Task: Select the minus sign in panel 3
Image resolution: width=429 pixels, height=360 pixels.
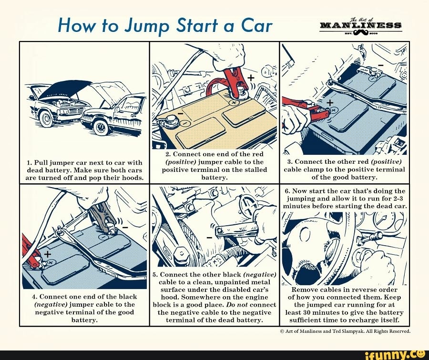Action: point(380,64)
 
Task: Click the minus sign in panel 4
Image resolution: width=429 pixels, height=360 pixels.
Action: point(126,227)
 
